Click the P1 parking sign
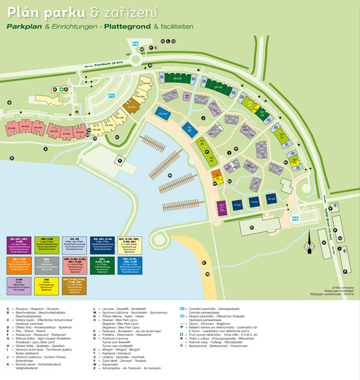(x=111, y=95)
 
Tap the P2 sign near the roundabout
(x=136, y=44)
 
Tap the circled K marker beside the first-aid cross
(x=55, y=89)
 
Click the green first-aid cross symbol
(x=64, y=89)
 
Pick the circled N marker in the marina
(x=170, y=175)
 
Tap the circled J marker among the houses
(x=203, y=118)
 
